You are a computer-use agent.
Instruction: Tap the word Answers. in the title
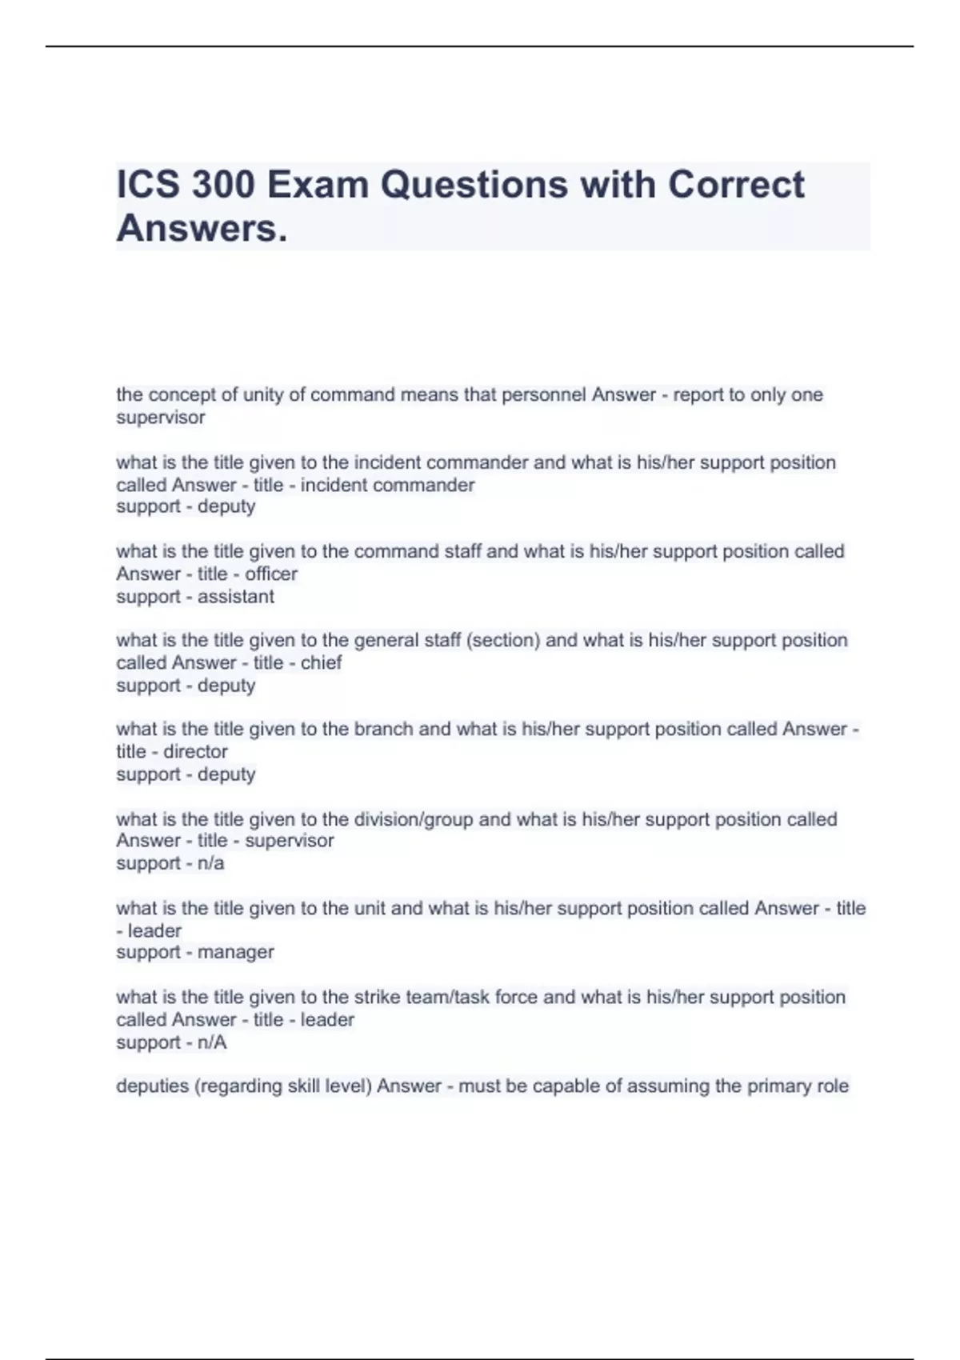(x=202, y=229)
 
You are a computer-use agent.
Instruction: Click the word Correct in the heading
(x=736, y=185)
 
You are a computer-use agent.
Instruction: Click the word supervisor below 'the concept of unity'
(x=161, y=418)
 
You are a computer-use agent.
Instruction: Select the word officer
(x=271, y=574)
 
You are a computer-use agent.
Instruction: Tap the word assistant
(x=236, y=597)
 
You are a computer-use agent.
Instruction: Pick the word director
(x=195, y=751)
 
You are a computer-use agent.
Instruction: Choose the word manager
(x=236, y=952)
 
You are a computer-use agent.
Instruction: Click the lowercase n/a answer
(x=210, y=863)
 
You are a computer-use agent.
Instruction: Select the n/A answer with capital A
(x=212, y=1042)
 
